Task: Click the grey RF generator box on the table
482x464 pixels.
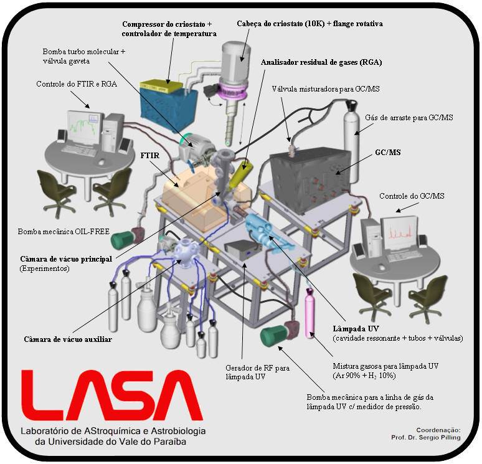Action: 243,252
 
